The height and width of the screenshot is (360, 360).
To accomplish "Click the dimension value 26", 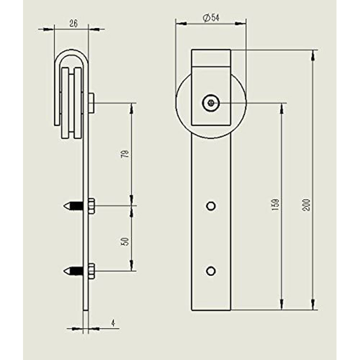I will pyautogui.click(x=73, y=23).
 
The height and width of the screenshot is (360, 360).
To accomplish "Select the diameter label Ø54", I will pyautogui.click(x=211, y=17).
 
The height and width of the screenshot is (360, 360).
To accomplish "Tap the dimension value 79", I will pyautogui.click(x=126, y=155).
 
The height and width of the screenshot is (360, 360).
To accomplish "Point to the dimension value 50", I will pyautogui.click(x=126, y=241).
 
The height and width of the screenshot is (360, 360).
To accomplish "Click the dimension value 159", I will pyautogui.click(x=276, y=206).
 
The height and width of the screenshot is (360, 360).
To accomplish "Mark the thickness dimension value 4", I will pyautogui.click(x=113, y=324).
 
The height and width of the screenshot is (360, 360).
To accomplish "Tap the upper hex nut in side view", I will pyautogui.click(x=91, y=206).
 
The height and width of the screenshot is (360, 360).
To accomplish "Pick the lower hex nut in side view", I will pyautogui.click(x=91, y=271).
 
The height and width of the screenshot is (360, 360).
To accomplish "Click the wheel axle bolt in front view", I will pyautogui.click(x=211, y=102).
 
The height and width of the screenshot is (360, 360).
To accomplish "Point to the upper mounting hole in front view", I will pyautogui.click(x=210, y=206).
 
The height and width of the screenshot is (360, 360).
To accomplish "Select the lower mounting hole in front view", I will pyautogui.click(x=210, y=271).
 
